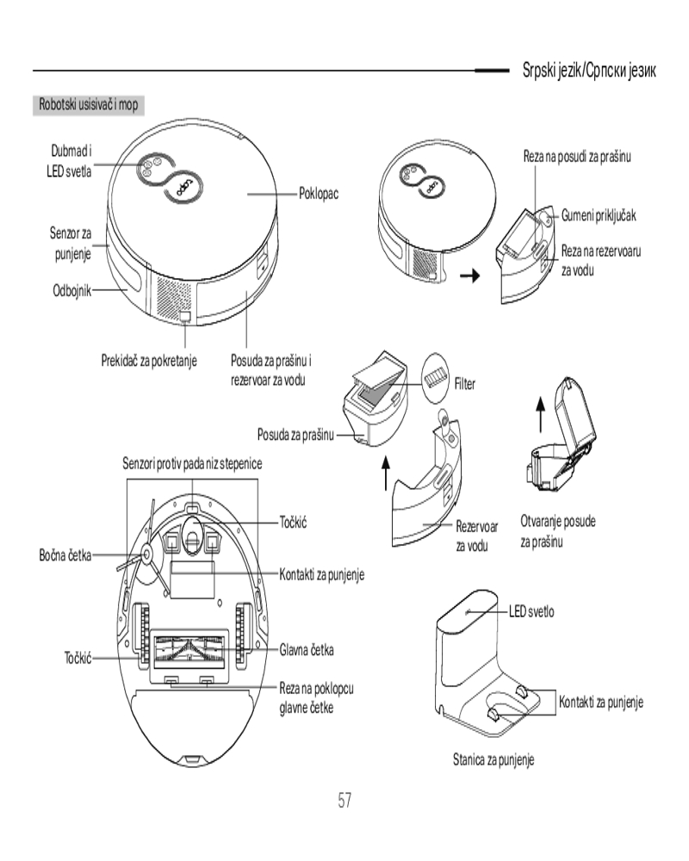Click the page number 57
pyautogui.click(x=344, y=800)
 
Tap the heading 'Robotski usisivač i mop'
pyautogui.click(x=90, y=104)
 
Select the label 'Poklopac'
pyautogui.click(x=318, y=194)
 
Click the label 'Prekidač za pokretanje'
pyautogui.click(x=150, y=359)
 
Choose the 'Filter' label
pyautogui.click(x=464, y=383)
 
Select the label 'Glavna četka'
pyautogui.click(x=307, y=647)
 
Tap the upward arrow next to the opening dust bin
pyautogui.click(x=540, y=415)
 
